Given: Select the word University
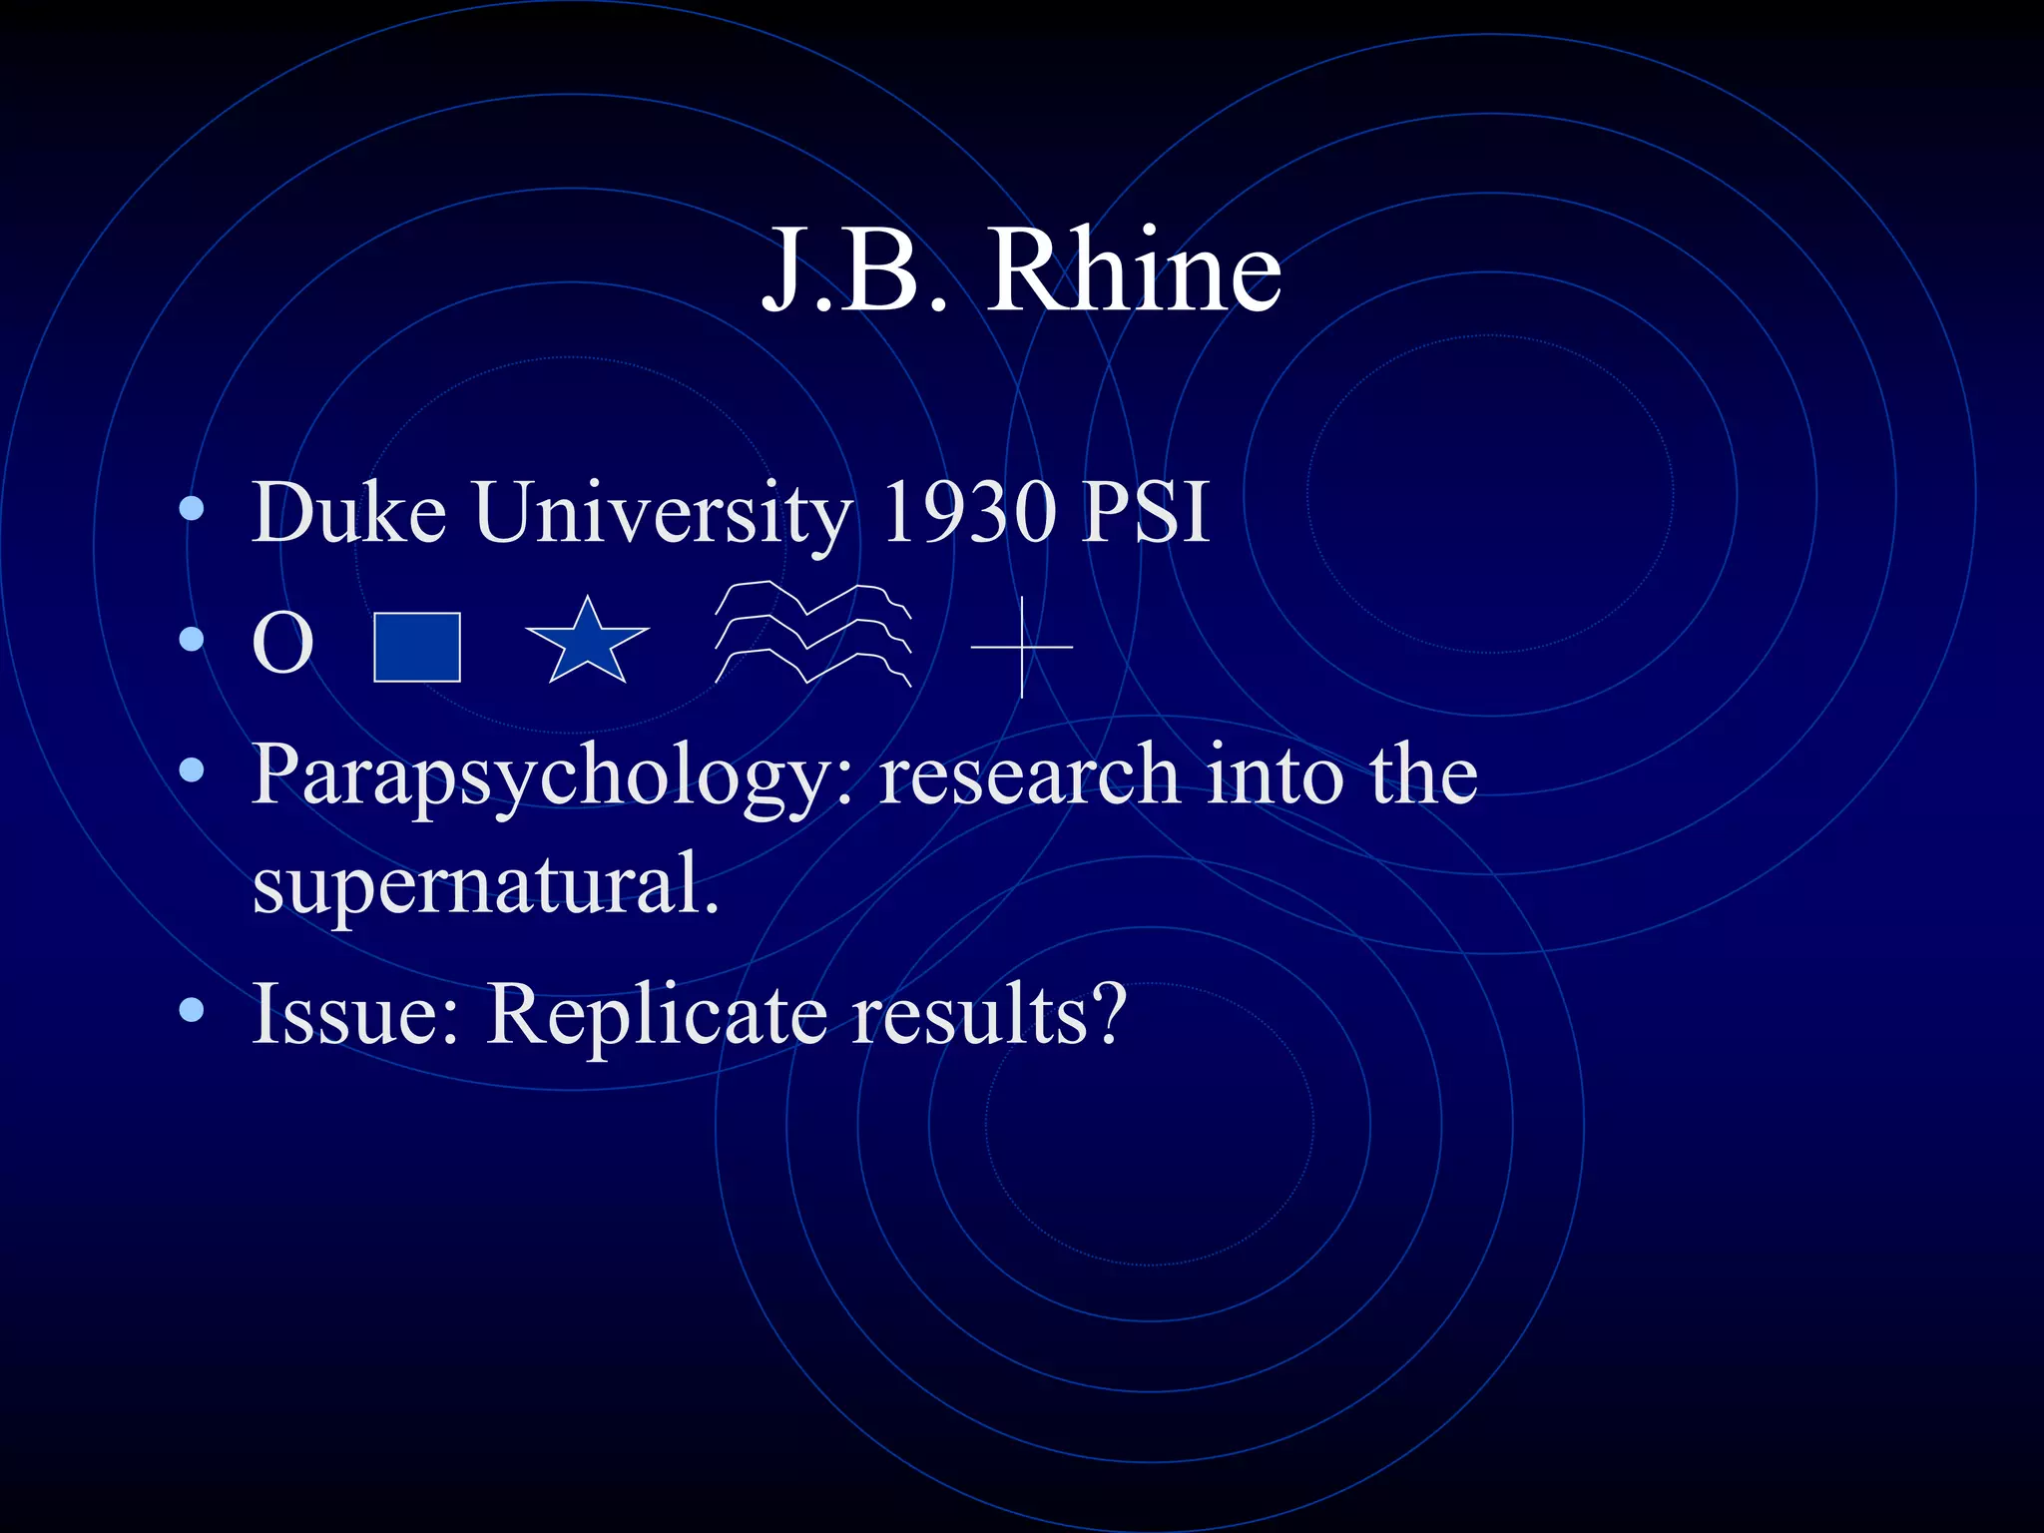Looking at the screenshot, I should pos(664,514).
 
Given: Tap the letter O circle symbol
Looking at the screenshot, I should pos(282,645).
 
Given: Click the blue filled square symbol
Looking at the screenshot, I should pos(417,647).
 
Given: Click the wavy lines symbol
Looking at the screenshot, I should pos(812,634).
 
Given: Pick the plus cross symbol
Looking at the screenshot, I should pos(1022,647).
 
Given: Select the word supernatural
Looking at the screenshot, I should pos(485,883).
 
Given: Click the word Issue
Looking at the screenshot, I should pos(354,1015).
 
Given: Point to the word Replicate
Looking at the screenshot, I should pos(657,1015).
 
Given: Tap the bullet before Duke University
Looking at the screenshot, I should pos(192,510).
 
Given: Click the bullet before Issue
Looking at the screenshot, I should pos(192,1011).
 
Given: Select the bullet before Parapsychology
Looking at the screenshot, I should pos(192,769).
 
